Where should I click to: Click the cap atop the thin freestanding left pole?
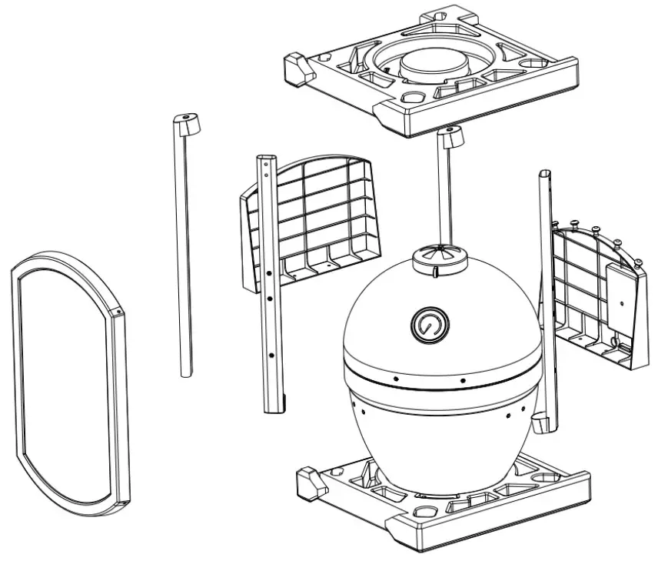185,122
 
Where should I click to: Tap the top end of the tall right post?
545,176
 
